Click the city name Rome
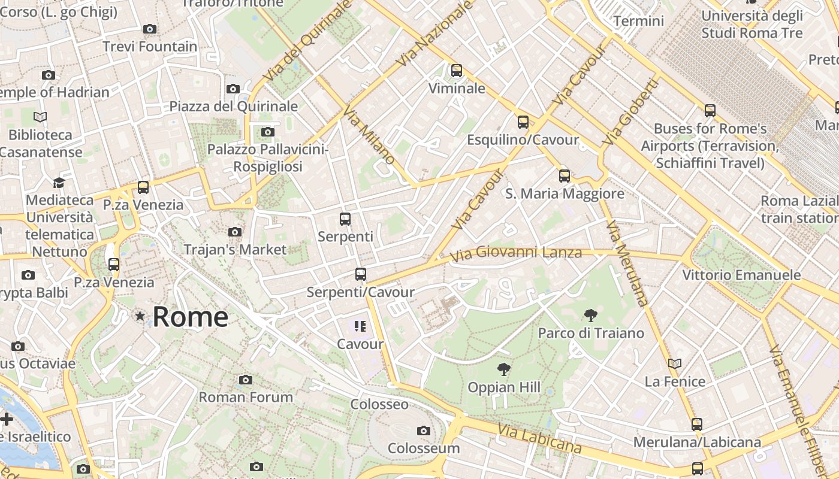tap(190, 316)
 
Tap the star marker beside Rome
tap(140, 316)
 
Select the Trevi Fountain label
tap(149, 47)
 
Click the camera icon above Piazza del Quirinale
tap(233, 89)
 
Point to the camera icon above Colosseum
tap(424, 431)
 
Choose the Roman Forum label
tap(246, 397)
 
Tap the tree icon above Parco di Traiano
tap(591, 315)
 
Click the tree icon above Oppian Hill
tap(504, 369)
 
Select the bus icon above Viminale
tap(457, 71)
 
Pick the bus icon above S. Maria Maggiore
tap(564, 175)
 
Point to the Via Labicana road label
tap(539, 438)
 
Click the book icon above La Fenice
tap(675, 363)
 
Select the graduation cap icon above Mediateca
tap(59, 182)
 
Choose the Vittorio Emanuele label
tap(741, 275)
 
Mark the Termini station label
tap(638, 21)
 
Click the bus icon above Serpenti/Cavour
tap(360, 274)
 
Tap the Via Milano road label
tap(369, 135)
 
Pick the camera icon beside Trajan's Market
tap(235, 232)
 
